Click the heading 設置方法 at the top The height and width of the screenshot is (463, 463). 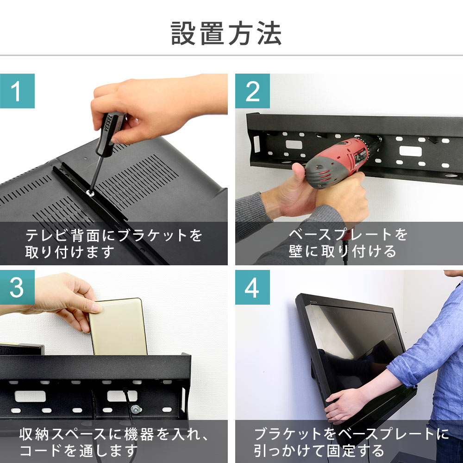(226, 33)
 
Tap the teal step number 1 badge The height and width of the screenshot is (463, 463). (17, 91)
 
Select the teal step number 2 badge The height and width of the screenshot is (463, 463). (252, 91)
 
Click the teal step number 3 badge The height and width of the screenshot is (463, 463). (17, 288)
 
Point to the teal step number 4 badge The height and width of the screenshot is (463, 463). (252, 288)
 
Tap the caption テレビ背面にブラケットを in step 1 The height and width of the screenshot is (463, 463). (114, 236)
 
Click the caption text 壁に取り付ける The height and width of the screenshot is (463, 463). (343, 251)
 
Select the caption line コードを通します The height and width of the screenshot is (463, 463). (79, 450)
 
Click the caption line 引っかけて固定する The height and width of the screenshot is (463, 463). (319, 450)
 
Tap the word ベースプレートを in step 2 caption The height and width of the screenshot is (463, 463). (348, 235)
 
